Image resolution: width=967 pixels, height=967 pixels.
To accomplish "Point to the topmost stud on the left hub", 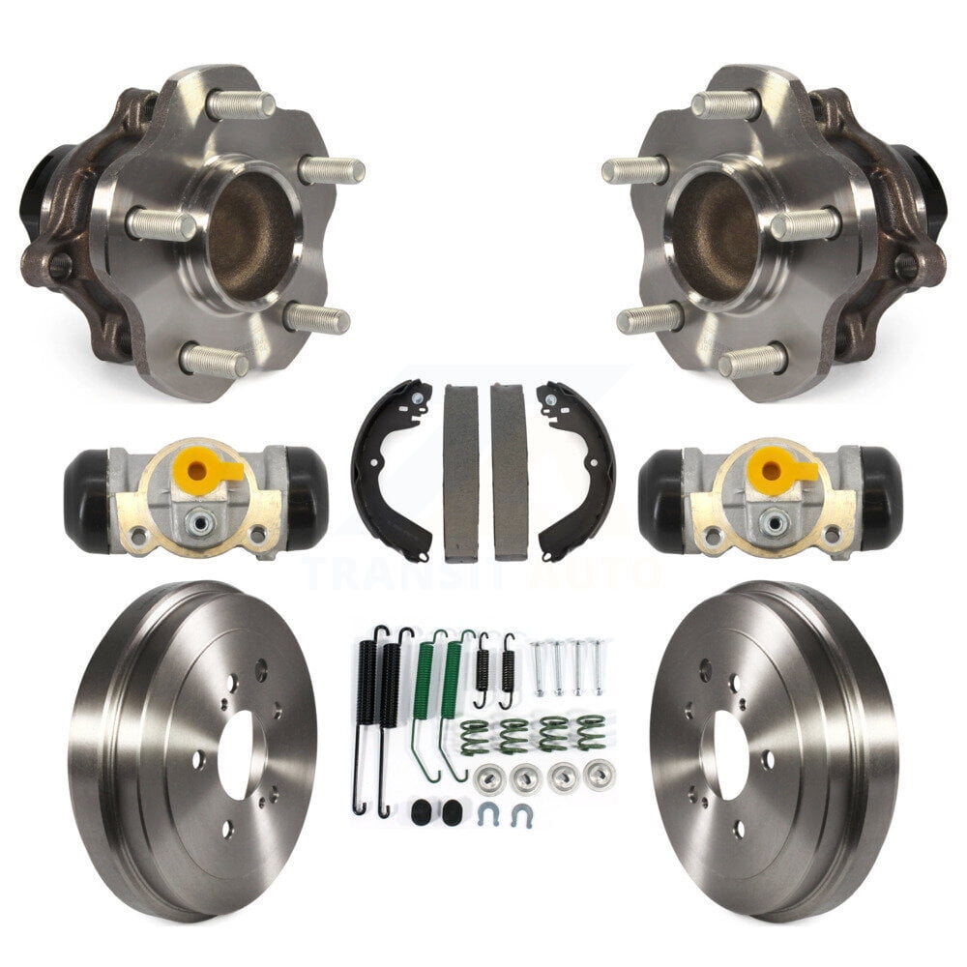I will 237,103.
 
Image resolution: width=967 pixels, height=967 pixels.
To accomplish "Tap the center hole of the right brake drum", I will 730,754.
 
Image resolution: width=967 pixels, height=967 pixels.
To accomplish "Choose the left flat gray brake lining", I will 460,472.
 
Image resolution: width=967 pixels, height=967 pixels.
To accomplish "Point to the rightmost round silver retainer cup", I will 600,774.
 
